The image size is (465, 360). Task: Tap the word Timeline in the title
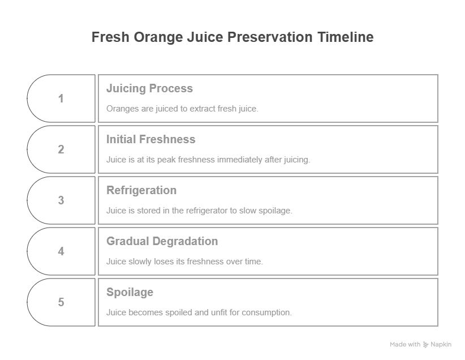[346, 37]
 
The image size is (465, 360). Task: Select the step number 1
[61, 98]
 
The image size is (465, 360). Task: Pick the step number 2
[61, 149]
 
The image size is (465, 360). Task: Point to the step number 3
[61, 200]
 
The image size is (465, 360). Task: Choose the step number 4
[61, 251]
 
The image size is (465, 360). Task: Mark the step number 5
[61, 302]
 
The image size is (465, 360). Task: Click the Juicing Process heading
[149, 88]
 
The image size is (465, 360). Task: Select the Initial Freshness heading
[150, 139]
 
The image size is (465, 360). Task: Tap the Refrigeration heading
[141, 191]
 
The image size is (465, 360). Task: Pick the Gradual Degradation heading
[162, 241]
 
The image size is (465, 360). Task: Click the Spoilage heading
[130, 293]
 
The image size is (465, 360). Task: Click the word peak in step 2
[166, 160]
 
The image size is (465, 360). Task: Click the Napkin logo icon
[425, 345]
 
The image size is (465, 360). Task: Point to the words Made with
[405, 344]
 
